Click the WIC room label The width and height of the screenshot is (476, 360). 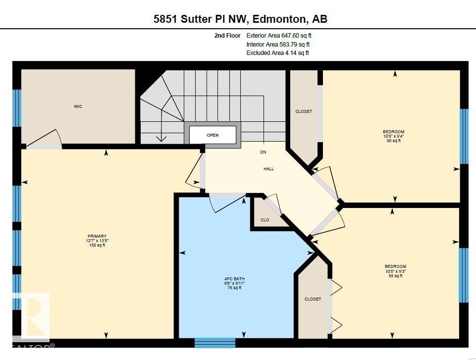[78, 106]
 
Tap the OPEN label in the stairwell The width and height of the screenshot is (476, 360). [212, 135]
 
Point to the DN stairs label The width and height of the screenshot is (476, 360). [263, 152]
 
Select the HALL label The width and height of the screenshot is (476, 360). [268, 169]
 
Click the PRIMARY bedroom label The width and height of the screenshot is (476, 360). [97, 236]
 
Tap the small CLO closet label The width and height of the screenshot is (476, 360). [265, 220]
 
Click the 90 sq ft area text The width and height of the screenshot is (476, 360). [394, 141]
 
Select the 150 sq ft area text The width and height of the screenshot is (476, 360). [97, 245]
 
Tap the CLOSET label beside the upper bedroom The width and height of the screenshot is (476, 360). [304, 111]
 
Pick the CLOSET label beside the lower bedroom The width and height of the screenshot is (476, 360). [313, 299]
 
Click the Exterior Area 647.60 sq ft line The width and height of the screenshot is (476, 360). [279, 36]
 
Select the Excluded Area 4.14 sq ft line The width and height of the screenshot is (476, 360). [277, 53]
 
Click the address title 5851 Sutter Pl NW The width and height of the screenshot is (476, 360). [240, 19]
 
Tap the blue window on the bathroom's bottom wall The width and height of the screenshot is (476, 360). [214, 342]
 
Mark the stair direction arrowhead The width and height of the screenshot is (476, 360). [161, 139]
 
